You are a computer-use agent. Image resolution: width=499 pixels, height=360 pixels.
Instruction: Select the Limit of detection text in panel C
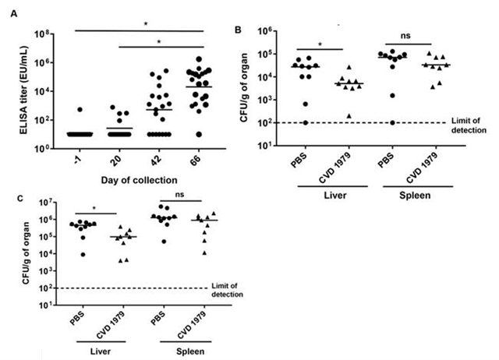[x=227, y=289]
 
